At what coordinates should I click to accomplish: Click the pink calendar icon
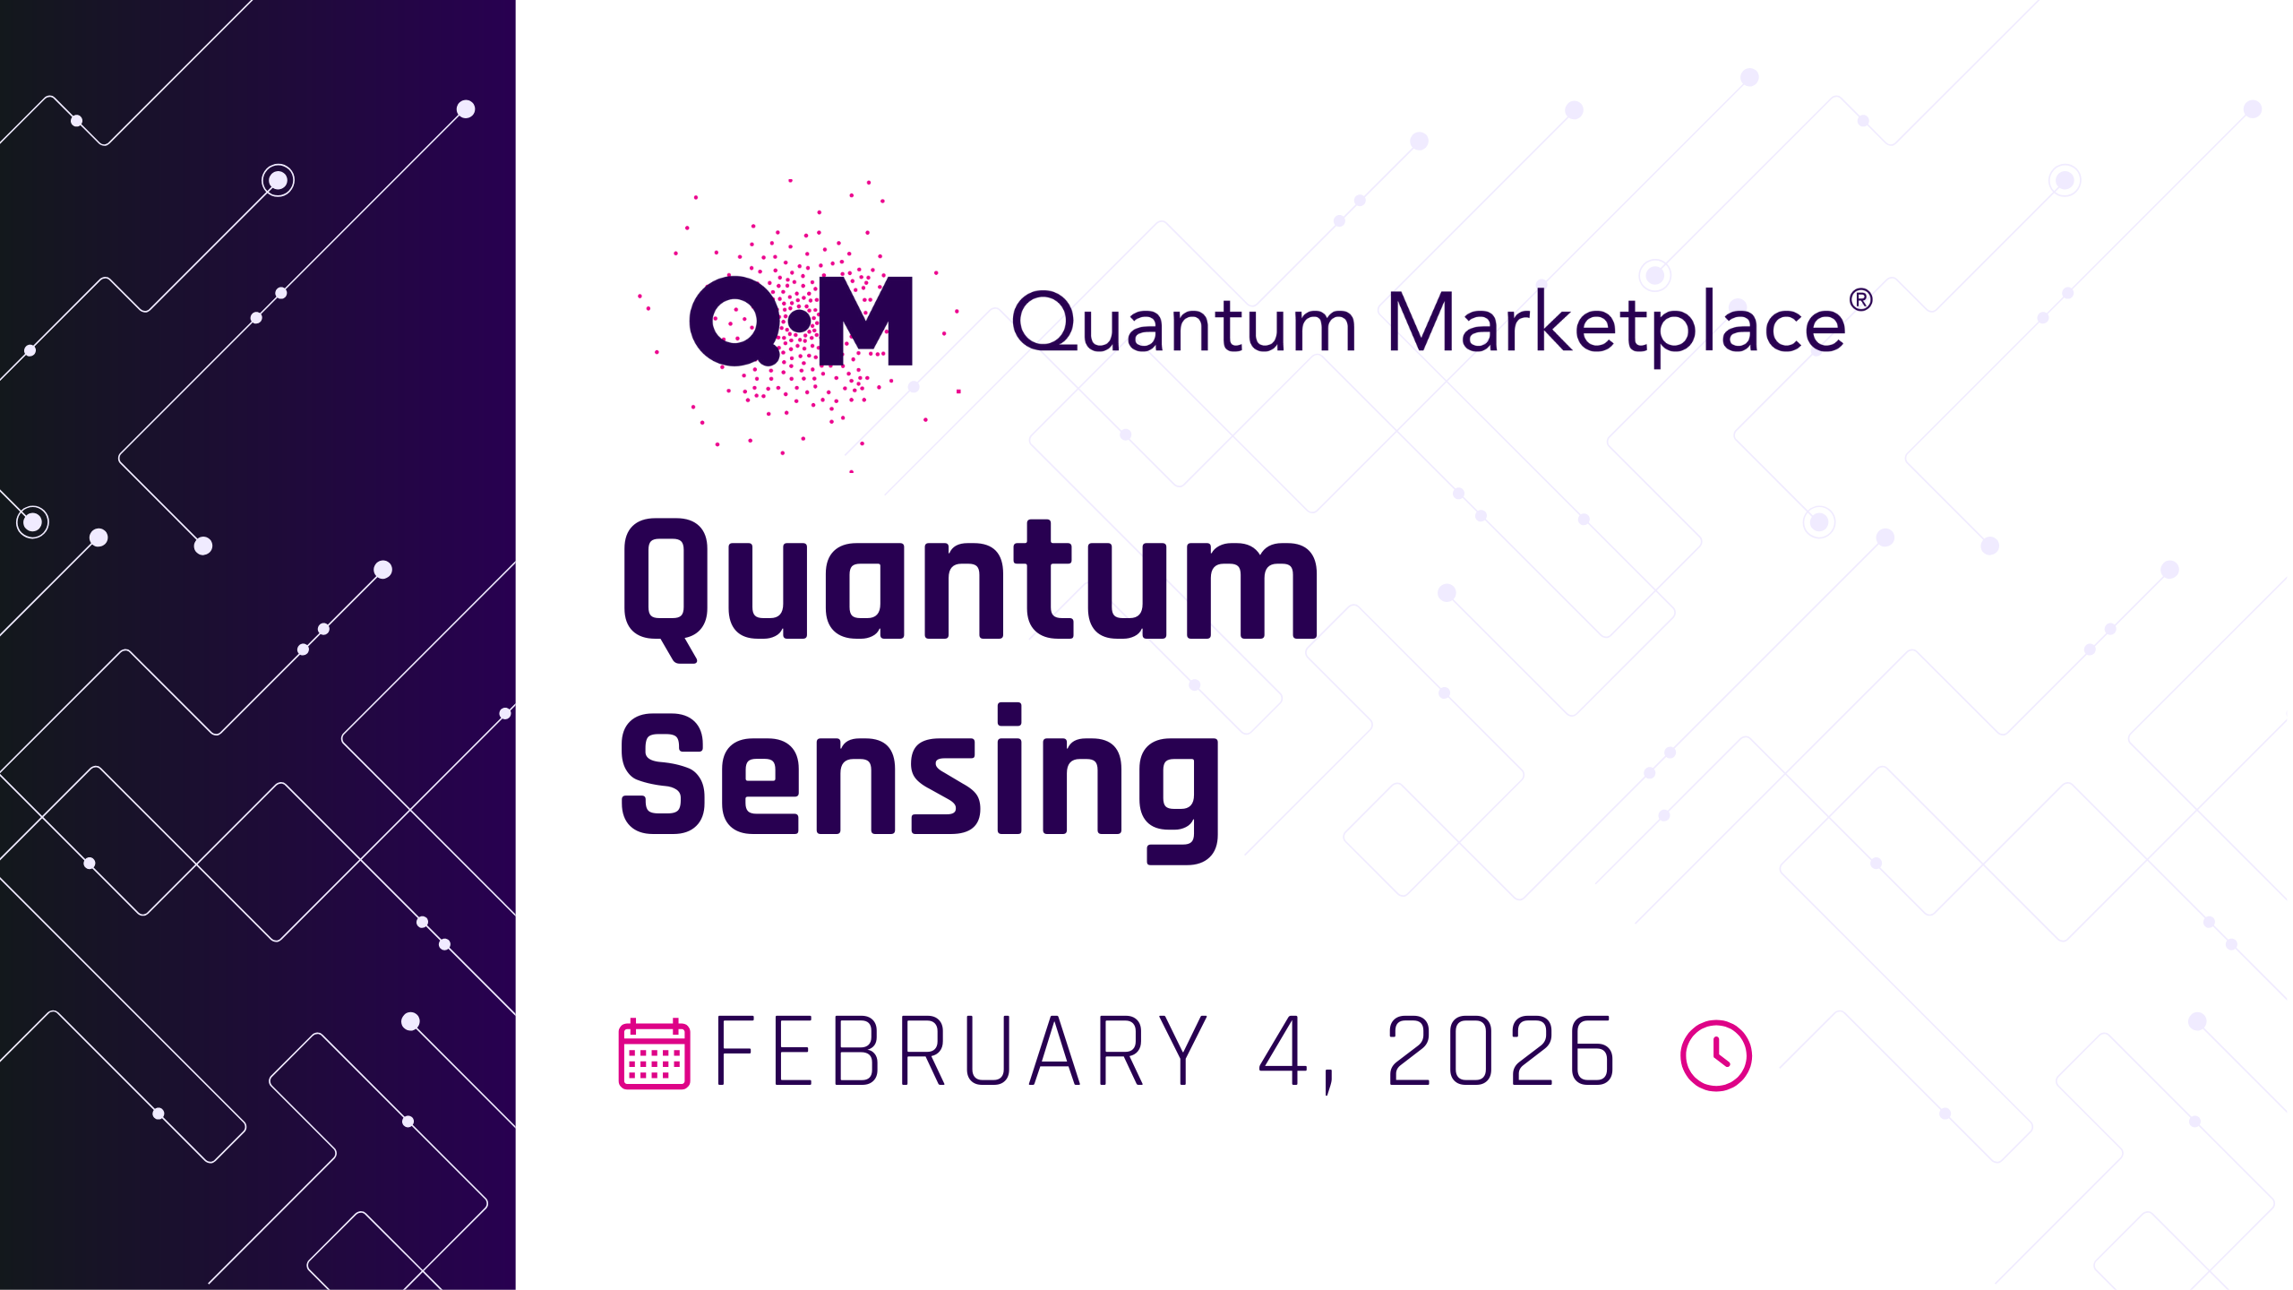pos(654,1053)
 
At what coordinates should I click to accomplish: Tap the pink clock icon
pos(1715,1054)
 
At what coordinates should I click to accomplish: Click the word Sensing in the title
pos(920,783)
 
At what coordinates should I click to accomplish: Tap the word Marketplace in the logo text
pos(1617,325)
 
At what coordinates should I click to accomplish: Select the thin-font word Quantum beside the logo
pos(1184,322)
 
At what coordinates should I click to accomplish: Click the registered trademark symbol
pos(1860,299)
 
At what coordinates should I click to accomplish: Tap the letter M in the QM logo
pos(866,321)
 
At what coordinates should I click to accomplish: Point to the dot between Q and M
pos(799,322)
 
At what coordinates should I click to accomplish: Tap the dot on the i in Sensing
pos(1009,714)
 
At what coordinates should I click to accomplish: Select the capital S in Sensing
pos(663,775)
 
